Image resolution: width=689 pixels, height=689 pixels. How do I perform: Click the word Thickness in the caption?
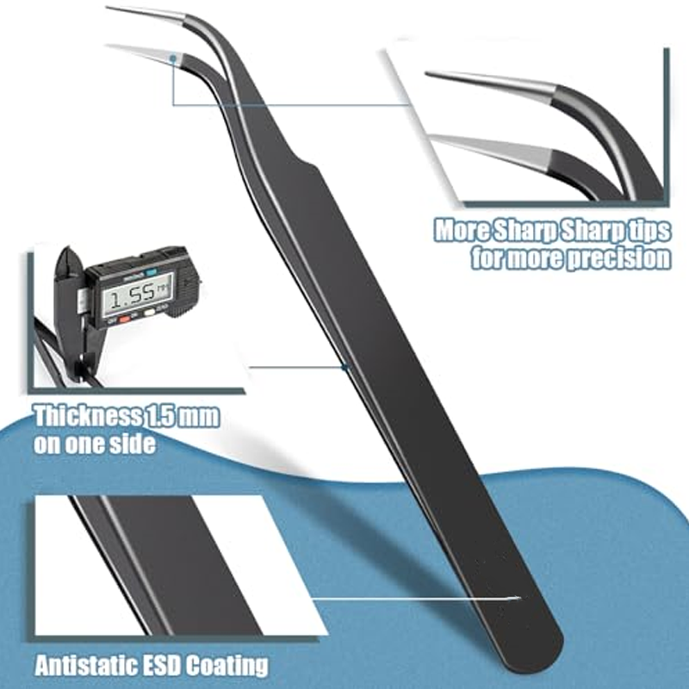(85, 418)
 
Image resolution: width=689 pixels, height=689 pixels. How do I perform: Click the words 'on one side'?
(95, 444)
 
